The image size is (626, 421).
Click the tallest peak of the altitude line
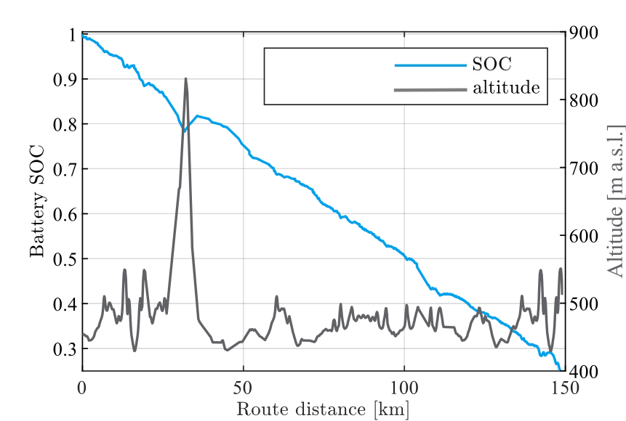click(x=186, y=78)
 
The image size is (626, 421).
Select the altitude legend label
click(x=506, y=89)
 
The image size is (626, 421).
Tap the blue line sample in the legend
click(x=430, y=65)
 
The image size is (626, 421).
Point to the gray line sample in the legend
click(x=430, y=89)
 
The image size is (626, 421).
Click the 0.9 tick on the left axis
click(x=65, y=79)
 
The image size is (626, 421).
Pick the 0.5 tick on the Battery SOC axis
click(x=65, y=259)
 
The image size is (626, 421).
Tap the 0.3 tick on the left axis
click(x=65, y=349)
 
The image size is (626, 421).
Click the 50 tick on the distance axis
click(x=244, y=387)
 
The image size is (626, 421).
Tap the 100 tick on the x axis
click(x=404, y=387)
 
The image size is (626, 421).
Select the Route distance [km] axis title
click(x=322, y=409)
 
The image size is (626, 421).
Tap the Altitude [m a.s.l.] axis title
click(x=616, y=200)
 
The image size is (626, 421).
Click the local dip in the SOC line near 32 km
click(x=185, y=132)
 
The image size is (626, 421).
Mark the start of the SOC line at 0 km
click(x=83, y=35)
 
